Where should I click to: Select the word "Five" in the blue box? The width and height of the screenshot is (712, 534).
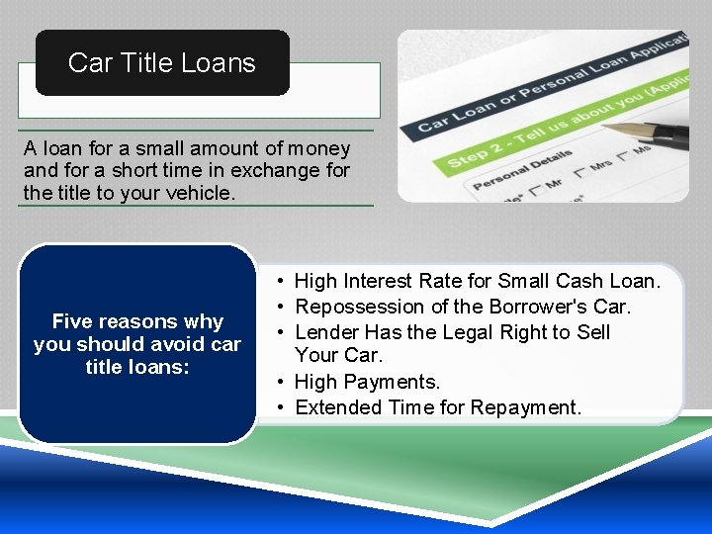[x=73, y=321]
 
